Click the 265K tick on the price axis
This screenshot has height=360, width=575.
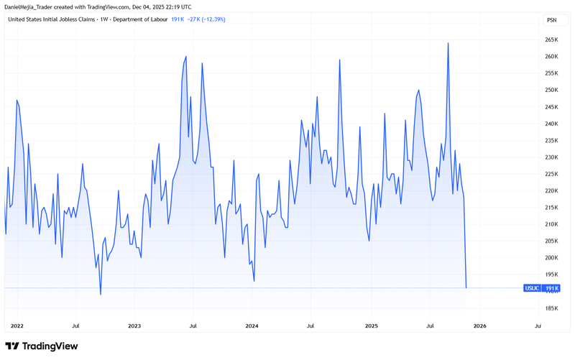pos(552,40)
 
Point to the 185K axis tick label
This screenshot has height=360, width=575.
pos(552,308)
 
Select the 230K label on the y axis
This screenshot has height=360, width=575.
pos(552,157)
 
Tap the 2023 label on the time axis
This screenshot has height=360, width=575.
pos(134,326)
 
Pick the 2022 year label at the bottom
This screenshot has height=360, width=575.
pos(17,326)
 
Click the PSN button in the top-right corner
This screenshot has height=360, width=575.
pos(551,20)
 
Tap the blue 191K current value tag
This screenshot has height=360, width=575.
pos(552,288)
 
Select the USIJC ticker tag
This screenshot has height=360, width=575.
pos(533,288)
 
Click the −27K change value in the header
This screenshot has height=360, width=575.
pos(194,19)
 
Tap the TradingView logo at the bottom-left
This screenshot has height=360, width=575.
pos(41,346)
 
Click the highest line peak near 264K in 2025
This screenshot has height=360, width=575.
pos(448,43)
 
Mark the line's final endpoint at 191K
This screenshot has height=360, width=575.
pos(466,287)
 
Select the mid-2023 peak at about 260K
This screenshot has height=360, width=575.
pos(186,57)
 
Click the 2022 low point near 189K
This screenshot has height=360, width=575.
pos(101,294)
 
